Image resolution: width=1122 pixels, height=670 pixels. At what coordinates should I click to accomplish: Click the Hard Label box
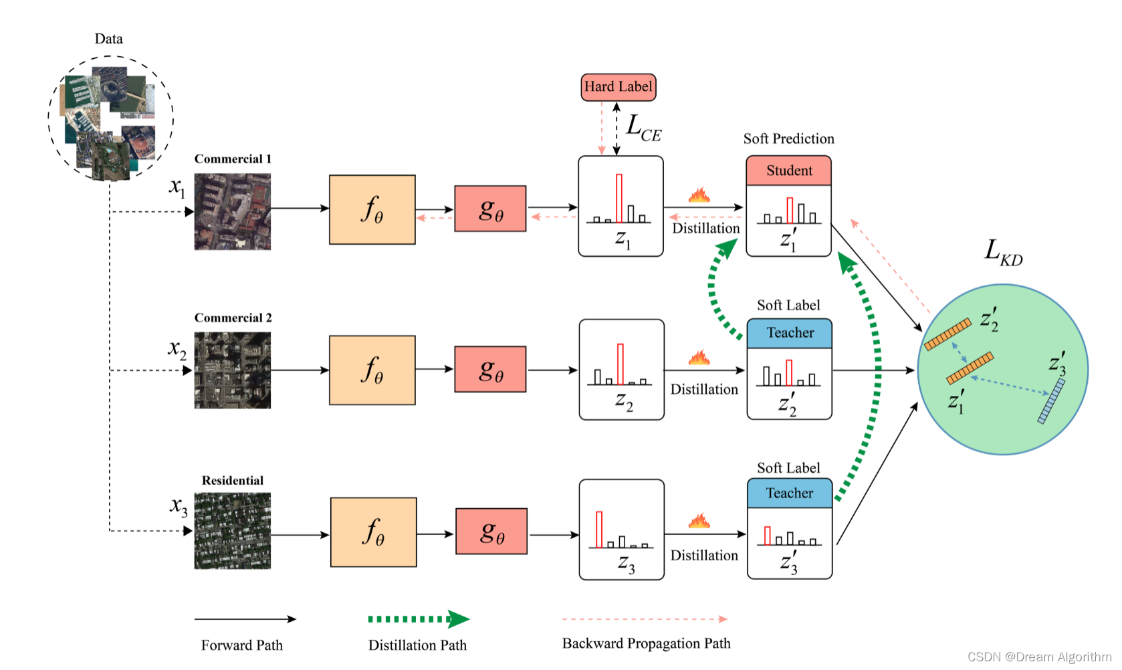pyautogui.click(x=618, y=87)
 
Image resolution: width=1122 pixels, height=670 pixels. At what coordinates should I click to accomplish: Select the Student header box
pyautogui.click(x=788, y=171)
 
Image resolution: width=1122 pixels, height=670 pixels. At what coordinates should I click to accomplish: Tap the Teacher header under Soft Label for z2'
pyautogui.click(x=789, y=333)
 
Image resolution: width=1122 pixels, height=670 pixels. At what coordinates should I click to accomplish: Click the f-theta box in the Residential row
pyautogui.click(x=373, y=532)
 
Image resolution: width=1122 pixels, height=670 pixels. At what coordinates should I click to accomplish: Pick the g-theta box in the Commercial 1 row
pyautogui.click(x=490, y=209)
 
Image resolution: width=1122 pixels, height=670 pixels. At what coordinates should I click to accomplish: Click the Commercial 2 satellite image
pyautogui.click(x=232, y=370)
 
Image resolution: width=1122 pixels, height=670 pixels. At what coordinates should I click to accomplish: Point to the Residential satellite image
pyautogui.click(x=232, y=531)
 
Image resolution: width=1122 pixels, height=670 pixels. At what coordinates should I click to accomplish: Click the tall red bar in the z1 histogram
pyautogui.click(x=619, y=198)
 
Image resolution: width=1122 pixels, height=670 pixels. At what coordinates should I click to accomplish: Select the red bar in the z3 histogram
pyautogui.click(x=599, y=529)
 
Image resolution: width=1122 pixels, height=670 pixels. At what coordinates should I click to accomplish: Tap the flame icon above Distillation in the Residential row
pyautogui.click(x=699, y=521)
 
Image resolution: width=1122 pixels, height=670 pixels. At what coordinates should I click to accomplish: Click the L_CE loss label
pyautogui.click(x=643, y=127)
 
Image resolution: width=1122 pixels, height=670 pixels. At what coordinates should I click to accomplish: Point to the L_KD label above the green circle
pyautogui.click(x=1003, y=252)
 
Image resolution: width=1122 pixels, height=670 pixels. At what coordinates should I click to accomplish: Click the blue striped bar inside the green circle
pyautogui.click(x=1050, y=401)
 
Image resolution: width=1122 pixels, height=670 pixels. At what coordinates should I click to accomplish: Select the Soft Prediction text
pyautogui.click(x=788, y=138)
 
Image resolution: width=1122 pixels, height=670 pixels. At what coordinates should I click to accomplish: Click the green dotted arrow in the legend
pyautogui.click(x=418, y=619)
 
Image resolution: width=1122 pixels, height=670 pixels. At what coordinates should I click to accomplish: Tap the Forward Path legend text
pyautogui.click(x=241, y=645)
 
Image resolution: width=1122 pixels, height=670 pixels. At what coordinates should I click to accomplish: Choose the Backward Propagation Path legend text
pyautogui.click(x=646, y=643)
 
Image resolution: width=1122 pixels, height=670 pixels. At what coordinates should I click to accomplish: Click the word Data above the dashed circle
pyautogui.click(x=108, y=39)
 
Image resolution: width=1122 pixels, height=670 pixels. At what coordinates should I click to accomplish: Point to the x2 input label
pyautogui.click(x=177, y=348)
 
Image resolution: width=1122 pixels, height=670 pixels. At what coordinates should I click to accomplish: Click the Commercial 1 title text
pyautogui.click(x=233, y=159)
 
